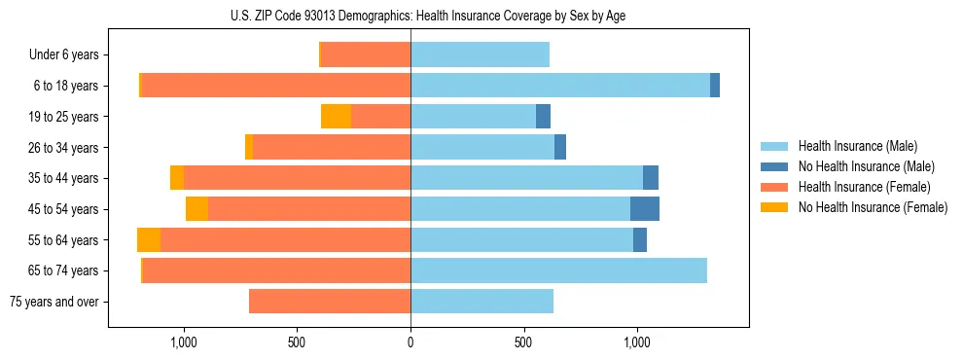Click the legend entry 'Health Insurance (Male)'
tap(857, 146)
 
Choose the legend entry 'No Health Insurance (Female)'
tap(873, 207)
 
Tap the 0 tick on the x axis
tap(410, 342)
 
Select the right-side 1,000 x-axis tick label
tap(637, 342)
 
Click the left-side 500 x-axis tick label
tap(298, 342)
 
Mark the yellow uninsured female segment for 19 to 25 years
tap(336, 117)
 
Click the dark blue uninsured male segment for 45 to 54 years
tap(645, 209)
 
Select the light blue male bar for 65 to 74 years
tap(558, 270)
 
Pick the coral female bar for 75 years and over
tap(330, 302)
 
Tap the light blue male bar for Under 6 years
tap(480, 55)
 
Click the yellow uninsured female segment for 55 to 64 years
tap(149, 240)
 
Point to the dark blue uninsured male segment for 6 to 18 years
tap(715, 86)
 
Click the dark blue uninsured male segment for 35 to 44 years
tap(651, 178)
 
